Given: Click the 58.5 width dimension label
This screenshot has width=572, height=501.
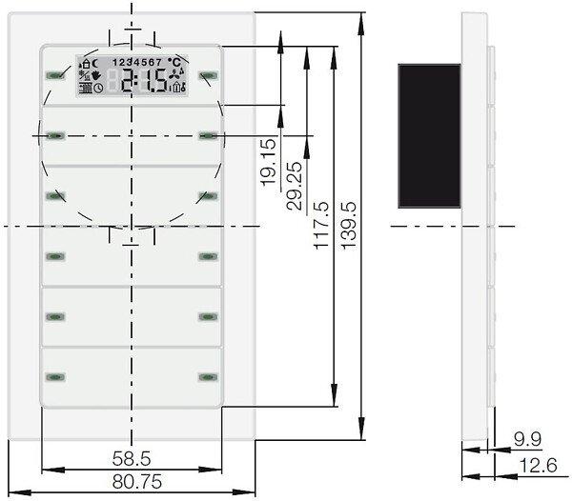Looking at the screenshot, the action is [132, 458].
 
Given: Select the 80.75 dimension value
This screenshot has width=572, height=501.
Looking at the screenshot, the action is [136, 482].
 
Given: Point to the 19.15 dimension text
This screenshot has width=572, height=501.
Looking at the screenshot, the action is [269, 162].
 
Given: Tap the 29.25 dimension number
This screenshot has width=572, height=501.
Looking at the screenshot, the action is [295, 186].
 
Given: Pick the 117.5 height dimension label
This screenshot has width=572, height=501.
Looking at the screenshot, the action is [321, 225].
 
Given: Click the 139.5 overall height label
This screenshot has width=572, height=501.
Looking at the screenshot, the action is [349, 225].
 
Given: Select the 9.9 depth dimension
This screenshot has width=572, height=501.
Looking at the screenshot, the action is [527, 439].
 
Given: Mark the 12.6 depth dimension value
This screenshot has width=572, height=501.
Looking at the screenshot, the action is [538, 466].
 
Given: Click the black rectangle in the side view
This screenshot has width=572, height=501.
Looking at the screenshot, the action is [429, 136].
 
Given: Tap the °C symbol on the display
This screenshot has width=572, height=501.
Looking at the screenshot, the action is [174, 62].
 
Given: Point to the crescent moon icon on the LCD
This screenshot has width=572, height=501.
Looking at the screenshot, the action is [94, 64].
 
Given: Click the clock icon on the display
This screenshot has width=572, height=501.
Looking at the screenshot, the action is [98, 88].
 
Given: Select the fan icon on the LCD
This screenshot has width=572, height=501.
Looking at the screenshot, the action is [175, 74].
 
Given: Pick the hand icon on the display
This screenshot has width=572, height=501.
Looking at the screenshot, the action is [96, 76].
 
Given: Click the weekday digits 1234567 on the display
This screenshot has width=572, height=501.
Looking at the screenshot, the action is [136, 62].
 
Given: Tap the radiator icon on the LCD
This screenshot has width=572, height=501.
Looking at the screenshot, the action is [86, 89].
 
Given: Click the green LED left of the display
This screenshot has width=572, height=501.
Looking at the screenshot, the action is [54, 76].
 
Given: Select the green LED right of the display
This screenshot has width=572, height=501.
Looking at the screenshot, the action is [208, 76].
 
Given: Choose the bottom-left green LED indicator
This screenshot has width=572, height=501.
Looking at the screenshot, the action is [55, 377].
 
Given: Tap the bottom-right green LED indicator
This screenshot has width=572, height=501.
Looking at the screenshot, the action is [208, 377].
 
